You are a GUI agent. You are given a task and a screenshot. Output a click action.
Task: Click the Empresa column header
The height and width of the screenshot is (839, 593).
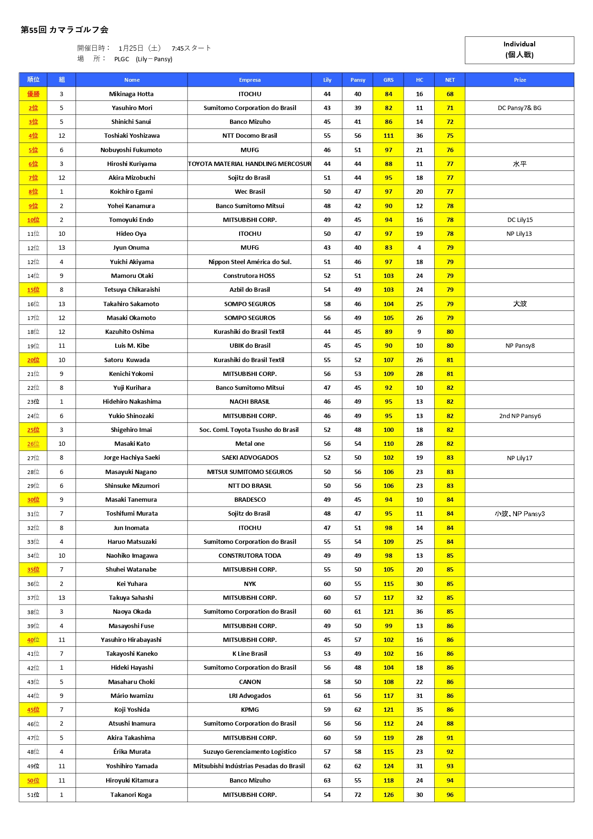point(250,80)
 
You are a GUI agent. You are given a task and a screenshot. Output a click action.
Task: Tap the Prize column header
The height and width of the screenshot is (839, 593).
point(520,80)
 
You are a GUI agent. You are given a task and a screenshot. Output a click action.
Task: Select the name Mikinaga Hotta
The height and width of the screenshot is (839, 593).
point(132,94)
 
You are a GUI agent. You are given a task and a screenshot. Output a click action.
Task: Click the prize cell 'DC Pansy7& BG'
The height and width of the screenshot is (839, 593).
point(519,108)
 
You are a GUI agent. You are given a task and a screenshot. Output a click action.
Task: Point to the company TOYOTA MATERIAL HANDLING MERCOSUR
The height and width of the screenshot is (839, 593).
point(250,164)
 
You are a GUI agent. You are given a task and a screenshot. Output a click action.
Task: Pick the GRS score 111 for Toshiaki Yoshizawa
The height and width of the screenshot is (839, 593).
point(388,136)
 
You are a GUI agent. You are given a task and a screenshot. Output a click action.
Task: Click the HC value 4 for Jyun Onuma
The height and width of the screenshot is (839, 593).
point(419,248)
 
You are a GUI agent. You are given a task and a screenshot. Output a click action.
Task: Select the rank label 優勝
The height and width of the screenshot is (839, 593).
point(33,94)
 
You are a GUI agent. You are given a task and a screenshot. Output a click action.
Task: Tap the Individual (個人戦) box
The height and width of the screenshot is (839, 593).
point(519,50)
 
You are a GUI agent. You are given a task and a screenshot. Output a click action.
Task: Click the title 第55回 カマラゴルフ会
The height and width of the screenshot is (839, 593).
point(65,30)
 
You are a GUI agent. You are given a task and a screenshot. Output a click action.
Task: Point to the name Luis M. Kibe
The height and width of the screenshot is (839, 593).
point(132,346)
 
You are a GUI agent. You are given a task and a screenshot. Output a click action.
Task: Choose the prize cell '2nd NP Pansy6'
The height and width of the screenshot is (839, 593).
point(520,416)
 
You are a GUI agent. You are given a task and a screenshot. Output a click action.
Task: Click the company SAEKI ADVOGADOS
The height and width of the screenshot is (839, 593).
point(250,458)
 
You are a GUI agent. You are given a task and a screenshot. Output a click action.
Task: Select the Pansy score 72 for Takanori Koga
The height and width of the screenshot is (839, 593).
point(358,795)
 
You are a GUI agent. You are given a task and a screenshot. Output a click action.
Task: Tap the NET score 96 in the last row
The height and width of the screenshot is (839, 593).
point(450,795)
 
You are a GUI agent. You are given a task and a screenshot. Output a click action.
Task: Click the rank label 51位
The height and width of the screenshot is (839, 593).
point(33,795)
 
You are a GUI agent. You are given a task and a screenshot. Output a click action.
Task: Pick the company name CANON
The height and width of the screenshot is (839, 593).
point(250,682)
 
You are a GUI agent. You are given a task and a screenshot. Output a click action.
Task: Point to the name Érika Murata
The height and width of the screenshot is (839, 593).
point(132,752)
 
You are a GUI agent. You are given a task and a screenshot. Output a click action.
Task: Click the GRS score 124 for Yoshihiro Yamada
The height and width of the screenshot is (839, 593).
point(388,766)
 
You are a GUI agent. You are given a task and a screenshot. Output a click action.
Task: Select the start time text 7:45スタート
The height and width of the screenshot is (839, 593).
point(191,48)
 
